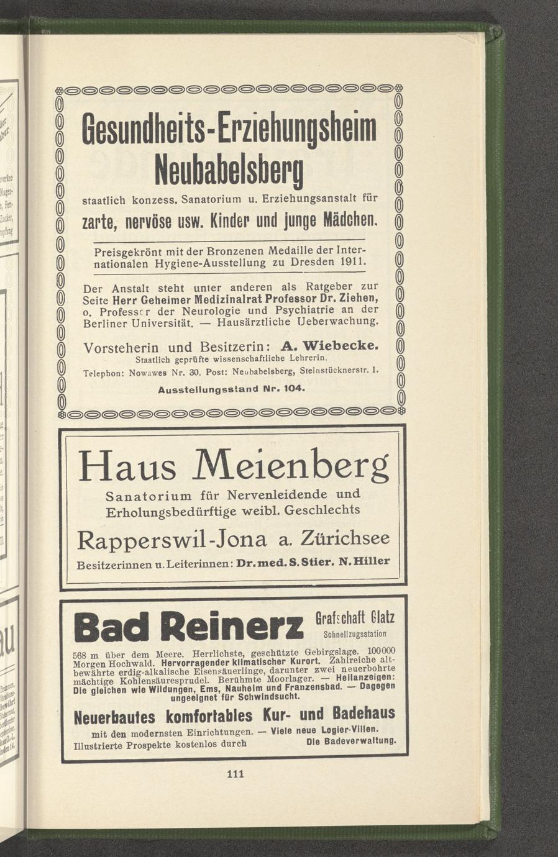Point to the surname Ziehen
357,299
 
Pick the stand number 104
292,389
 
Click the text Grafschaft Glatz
355,618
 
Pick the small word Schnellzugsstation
355,634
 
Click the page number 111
235,774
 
